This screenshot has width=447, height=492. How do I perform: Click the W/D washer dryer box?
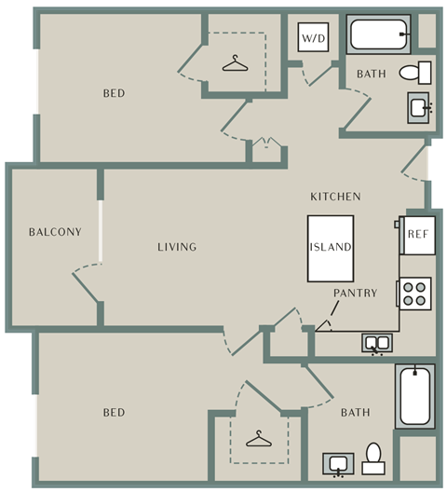point(313,37)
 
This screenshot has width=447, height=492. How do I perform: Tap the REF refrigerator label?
point(418,234)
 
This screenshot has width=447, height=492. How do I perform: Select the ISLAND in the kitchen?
point(331,248)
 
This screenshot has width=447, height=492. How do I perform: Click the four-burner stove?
point(413,294)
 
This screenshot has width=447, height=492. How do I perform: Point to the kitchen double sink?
point(377,344)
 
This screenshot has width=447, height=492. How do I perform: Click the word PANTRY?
point(355,294)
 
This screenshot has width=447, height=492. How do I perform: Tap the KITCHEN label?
point(335,197)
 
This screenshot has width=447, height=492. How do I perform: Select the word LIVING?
point(177,247)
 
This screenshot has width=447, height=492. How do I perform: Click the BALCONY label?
point(55,232)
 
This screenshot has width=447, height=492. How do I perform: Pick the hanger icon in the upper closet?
point(235,63)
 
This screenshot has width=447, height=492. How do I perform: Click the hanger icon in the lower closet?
point(259,439)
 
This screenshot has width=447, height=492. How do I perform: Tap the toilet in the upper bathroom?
point(415,73)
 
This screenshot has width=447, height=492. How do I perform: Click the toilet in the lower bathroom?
point(373,458)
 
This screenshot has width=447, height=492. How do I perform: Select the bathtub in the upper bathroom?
point(379,34)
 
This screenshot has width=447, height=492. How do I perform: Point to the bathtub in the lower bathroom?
point(415,396)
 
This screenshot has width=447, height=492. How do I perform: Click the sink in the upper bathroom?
point(419,108)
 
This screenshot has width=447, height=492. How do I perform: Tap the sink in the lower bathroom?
point(338,464)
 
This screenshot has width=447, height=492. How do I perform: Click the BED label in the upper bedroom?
point(115,93)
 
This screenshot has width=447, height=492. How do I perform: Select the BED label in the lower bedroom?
point(115,412)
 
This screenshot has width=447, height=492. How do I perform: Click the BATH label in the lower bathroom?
point(356,412)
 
